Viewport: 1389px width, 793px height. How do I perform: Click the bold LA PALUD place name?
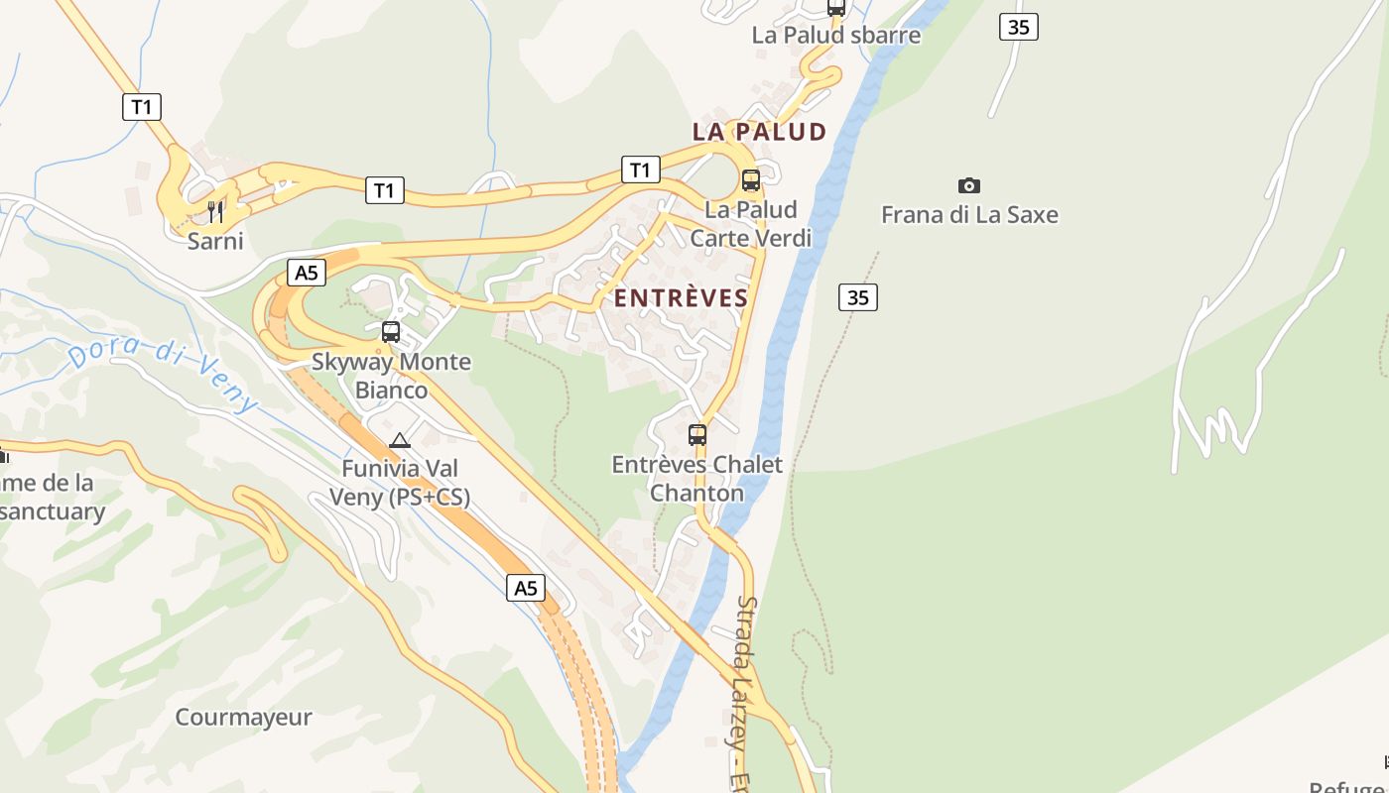tap(759, 132)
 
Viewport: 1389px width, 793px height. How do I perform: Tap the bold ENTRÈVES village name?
tap(681, 298)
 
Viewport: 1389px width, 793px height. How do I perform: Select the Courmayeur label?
tap(243, 717)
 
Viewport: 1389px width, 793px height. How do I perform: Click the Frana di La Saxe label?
tap(969, 215)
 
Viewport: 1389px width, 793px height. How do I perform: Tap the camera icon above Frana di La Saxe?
tap(969, 185)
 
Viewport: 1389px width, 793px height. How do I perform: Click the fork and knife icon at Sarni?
tap(215, 211)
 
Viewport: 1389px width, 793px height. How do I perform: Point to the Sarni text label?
tap(215, 241)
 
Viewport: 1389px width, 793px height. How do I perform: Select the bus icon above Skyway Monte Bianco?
tap(391, 332)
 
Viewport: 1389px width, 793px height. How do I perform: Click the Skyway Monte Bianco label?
tap(392, 376)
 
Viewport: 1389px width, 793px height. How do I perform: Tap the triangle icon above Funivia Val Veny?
tap(400, 441)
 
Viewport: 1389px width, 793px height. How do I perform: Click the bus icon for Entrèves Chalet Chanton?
tap(697, 434)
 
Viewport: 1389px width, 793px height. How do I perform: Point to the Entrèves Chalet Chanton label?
tap(696, 479)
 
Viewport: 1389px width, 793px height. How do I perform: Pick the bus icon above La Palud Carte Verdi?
tap(751, 180)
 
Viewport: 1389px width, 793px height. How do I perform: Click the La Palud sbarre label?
tap(835, 36)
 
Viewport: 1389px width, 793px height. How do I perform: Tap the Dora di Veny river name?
tap(164, 375)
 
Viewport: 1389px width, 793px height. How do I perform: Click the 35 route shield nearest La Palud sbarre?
tap(1018, 27)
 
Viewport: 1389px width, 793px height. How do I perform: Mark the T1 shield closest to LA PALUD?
tap(640, 170)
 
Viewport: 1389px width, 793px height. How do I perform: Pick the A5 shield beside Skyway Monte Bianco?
tap(306, 273)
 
